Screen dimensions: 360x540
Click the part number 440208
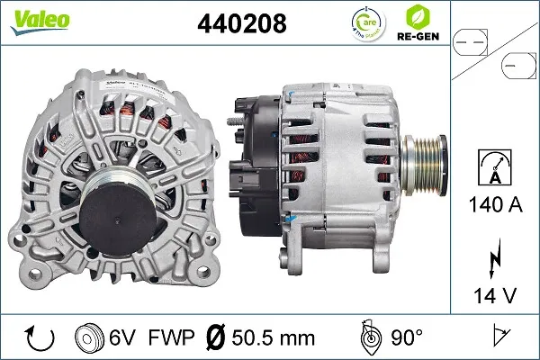(240, 25)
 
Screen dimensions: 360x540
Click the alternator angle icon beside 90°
(367, 337)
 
